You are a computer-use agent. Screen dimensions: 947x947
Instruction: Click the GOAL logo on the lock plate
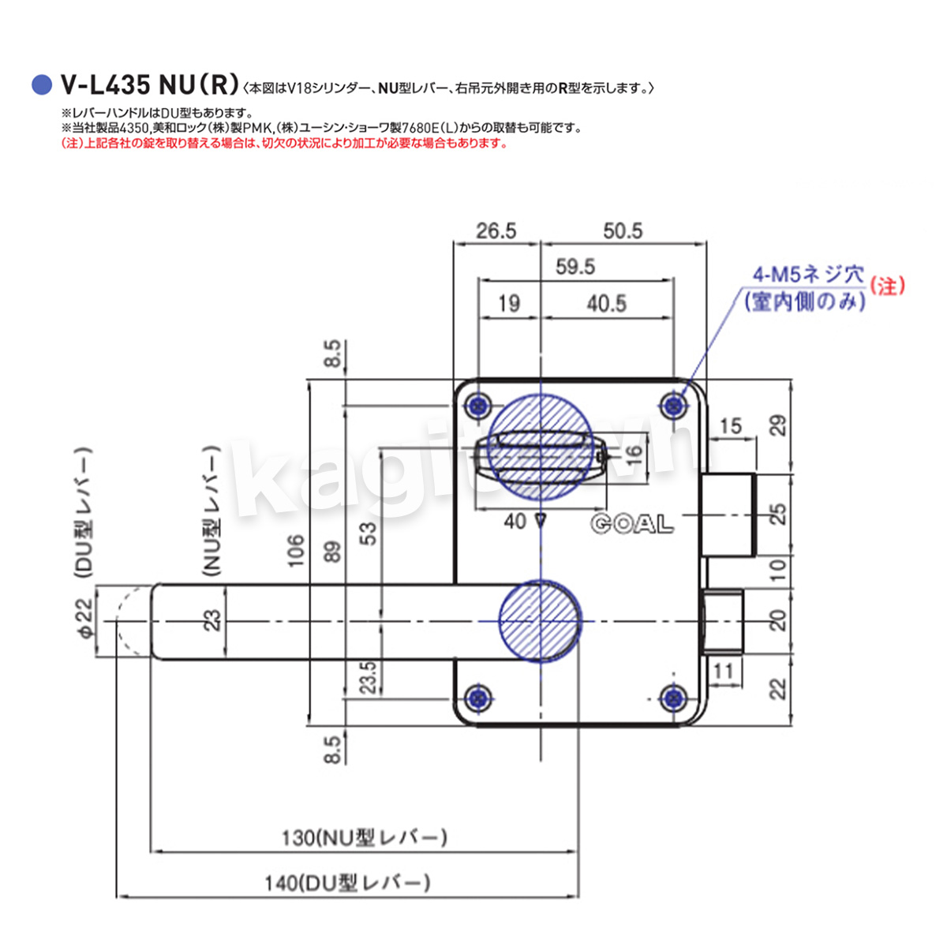click(x=631, y=524)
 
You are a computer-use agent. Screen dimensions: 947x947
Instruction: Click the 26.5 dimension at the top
click(x=496, y=230)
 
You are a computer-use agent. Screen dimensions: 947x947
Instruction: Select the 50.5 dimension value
click(x=623, y=230)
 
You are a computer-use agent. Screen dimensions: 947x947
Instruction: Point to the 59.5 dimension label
click(x=575, y=267)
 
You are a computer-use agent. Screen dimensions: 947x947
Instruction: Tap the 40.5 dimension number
click(x=606, y=304)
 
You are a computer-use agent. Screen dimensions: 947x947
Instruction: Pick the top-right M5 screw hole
click(x=673, y=406)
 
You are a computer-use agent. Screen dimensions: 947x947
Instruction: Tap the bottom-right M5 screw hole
click(x=673, y=698)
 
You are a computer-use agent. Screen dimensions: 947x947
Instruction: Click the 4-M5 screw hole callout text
click(x=807, y=275)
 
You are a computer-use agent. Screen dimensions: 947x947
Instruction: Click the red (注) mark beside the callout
click(x=887, y=286)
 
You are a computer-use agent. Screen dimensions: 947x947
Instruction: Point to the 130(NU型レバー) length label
click(x=364, y=837)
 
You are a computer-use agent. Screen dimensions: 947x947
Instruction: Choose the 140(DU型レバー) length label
click(x=347, y=883)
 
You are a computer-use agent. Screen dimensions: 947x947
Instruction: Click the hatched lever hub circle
click(x=541, y=620)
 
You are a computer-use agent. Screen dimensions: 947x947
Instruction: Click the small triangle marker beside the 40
click(x=541, y=521)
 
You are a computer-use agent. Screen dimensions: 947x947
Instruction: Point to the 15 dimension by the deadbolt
click(x=731, y=426)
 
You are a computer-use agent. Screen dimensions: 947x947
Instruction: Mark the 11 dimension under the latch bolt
click(x=723, y=672)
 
